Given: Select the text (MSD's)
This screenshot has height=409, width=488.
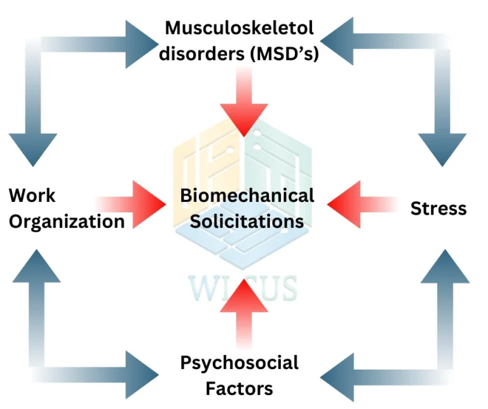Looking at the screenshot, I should tap(284, 55).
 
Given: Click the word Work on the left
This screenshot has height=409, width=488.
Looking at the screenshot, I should tap(32, 195).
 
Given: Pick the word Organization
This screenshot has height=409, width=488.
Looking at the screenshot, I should tap(66, 221).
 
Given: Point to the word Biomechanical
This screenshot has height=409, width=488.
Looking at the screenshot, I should tap(247, 195).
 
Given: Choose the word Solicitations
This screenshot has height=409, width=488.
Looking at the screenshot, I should tap(247, 221).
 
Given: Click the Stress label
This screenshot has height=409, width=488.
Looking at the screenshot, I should tap(438, 208).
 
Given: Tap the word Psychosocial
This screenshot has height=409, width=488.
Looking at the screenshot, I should tap(240, 363).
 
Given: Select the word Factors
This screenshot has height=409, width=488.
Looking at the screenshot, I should tap(240, 388).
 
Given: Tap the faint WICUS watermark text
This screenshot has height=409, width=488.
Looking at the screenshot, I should tap(242, 287).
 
